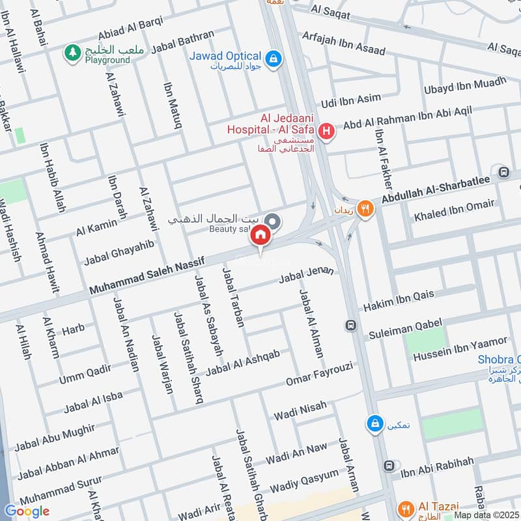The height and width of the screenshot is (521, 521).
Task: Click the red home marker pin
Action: (260, 236)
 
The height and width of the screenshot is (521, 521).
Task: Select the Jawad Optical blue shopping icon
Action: (275, 58)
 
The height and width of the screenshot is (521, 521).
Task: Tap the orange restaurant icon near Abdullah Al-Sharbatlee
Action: (367, 209)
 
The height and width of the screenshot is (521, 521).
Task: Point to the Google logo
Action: (27, 511)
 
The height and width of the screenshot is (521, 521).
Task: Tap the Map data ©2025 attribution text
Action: (486, 514)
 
